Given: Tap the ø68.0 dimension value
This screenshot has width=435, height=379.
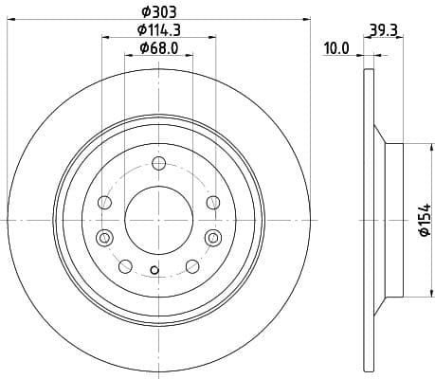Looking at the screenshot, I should (x=158, y=48).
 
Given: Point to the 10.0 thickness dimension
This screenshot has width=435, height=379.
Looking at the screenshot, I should (x=336, y=48).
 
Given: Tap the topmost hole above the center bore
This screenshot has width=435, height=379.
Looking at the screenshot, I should (x=158, y=167).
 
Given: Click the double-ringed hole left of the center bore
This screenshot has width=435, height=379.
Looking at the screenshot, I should (x=104, y=237).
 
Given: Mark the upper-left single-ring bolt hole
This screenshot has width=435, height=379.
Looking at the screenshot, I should (x=104, y=202).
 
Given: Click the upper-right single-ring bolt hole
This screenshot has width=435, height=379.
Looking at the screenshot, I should (x=212, y=202).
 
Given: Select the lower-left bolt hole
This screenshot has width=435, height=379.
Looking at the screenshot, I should (x=124, y=266).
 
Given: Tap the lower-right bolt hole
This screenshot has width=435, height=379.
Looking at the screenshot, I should (x=192, y=266).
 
